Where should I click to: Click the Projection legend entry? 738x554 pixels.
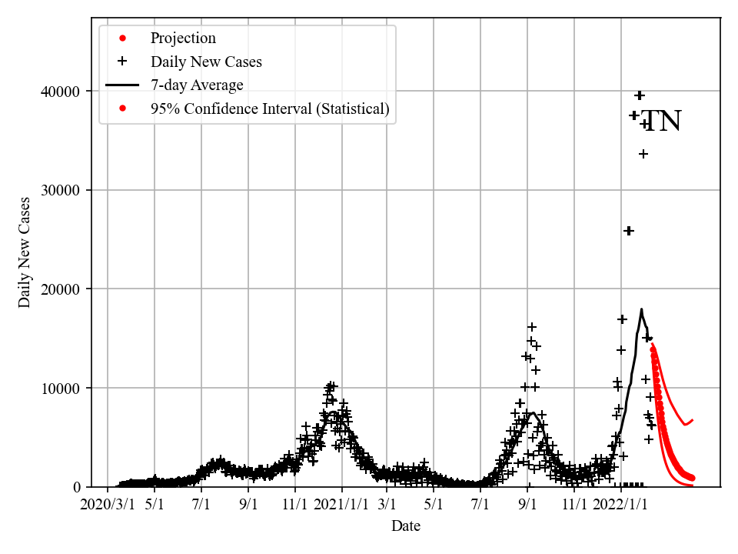[x=183, y=38]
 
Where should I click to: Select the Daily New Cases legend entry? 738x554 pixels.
[x=206, y=62]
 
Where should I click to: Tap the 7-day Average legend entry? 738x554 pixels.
[x=197, y=85]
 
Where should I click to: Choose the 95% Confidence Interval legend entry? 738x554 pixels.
[x=270, y=108]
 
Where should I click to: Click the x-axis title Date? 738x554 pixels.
[x=406, y=526]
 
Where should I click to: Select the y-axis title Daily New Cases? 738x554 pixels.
[x=25, y=252]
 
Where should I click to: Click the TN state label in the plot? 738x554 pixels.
[x=661, y=122]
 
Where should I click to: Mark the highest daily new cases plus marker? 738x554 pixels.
[x=640, y=95]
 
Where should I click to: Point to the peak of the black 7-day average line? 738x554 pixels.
[x=641, y=309]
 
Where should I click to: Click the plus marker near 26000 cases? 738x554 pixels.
[x=628, y=231]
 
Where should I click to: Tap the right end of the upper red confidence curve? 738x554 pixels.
[x=693, y=420]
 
